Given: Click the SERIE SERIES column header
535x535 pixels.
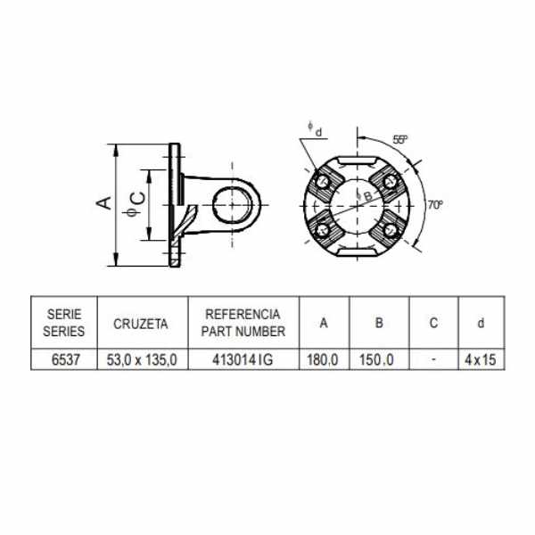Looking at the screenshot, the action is (x=64, y=323).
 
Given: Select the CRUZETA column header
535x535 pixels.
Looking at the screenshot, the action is (x=141, y=324).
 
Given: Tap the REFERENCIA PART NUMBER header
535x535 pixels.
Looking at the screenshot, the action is (x=243, y=323).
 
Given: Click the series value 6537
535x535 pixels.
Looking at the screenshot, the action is (x=65, y=359).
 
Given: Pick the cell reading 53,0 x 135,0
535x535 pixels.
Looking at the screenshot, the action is (x=142, y=360).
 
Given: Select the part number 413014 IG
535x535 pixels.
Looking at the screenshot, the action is (x=243, y=359).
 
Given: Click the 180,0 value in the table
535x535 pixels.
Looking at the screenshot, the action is (x=323, y=359).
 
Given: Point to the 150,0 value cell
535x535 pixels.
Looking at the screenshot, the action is (x=376, y=359).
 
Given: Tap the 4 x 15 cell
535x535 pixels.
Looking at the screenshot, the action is (x=480, y=359).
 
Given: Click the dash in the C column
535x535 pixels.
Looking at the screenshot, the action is (x=433, y=359).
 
